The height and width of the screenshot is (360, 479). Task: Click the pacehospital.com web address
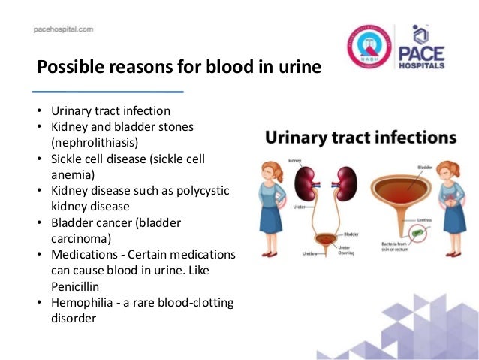(x=63, y=29)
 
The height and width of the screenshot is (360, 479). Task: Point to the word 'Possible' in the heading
(x=68, y=68)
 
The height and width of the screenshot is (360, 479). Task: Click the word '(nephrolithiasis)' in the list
(x=95, y=142)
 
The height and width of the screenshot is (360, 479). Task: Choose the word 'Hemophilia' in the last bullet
(x=81, y=302)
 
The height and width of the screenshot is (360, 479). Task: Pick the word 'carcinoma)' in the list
(x=81, y=238)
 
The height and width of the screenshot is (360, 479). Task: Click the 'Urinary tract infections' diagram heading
(x=360, y=138)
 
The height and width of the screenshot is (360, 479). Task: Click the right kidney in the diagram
(x=347, y=179)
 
